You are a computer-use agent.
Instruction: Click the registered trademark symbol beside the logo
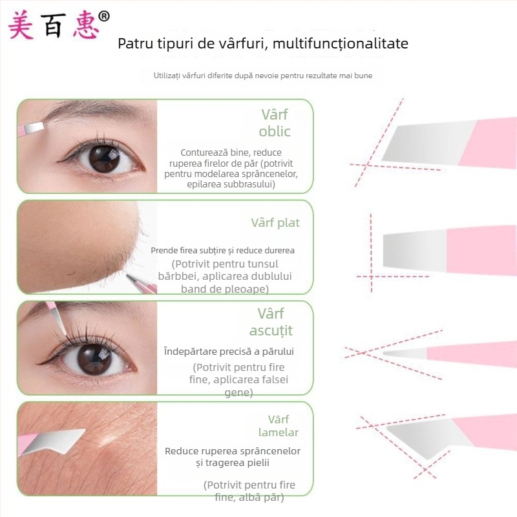pyautogui.click(x=104, y=16)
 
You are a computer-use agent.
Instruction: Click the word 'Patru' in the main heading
pyautogui.click(x=135, y=43)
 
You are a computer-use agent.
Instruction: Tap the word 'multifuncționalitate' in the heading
pyautogui.click(x=341, y=43)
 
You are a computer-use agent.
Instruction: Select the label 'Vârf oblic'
pyautogui.click(x=274, y=123)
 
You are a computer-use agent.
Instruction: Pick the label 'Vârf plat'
pyautogui.click(x=275, y=223)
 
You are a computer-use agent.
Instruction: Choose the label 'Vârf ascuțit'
pyautogui.click(x=271, y=322)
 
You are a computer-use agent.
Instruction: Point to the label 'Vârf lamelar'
pyautogui.click(x=279, y=426)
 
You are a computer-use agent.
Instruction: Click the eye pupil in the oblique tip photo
pyautogui.click(x=104, y=159)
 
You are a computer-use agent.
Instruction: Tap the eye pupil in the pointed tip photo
pyautogui.click(x=94, y=359)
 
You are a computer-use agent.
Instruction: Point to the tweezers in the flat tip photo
pyautogui.click(x=142, y=283)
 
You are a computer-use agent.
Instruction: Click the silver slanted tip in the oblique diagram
pyautogui.click(x=428, y=143)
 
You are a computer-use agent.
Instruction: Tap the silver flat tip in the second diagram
pyautogui.click(x=415, y=249)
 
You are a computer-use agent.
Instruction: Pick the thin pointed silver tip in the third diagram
pyautogui.click(x=405, y=353)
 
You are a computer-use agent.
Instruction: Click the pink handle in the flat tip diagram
pyautogui.click(x=481, y=249)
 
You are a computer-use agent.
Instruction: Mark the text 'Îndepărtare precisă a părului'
pyautogui.click(x=229, y=352)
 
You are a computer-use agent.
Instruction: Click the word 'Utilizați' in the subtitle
pyautogui.click(x=167, y=76)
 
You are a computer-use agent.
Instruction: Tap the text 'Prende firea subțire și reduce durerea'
pyautogui.click(x=222, y=251)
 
